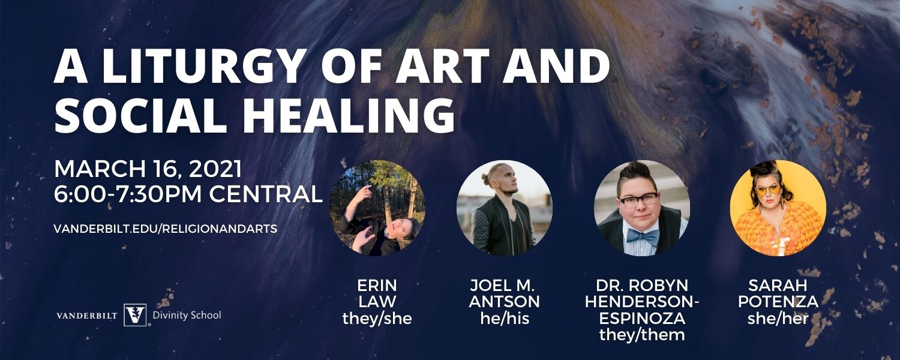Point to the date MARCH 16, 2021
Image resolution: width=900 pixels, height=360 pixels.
point(148,170)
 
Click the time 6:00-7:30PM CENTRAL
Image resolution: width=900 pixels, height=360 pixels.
point(188,194)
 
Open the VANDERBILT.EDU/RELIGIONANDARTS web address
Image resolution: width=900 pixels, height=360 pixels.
point(165,229)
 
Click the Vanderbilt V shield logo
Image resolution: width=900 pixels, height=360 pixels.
point(135,315)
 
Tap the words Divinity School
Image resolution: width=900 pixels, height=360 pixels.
point(187,315)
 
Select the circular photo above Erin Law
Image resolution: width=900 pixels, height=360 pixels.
point(377,208)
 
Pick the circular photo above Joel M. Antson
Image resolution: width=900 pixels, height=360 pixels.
point(504,208)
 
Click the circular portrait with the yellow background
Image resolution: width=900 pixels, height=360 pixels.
point(778,208)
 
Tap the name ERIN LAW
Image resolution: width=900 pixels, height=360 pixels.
point(377,293)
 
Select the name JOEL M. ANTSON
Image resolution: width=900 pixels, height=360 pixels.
point(504,293)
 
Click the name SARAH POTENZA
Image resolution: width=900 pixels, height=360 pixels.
point(778,293)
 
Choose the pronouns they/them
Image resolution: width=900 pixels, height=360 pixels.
point(642,335)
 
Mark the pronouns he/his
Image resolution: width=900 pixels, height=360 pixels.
point(505,319)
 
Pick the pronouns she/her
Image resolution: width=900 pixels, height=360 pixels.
point(778,319)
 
